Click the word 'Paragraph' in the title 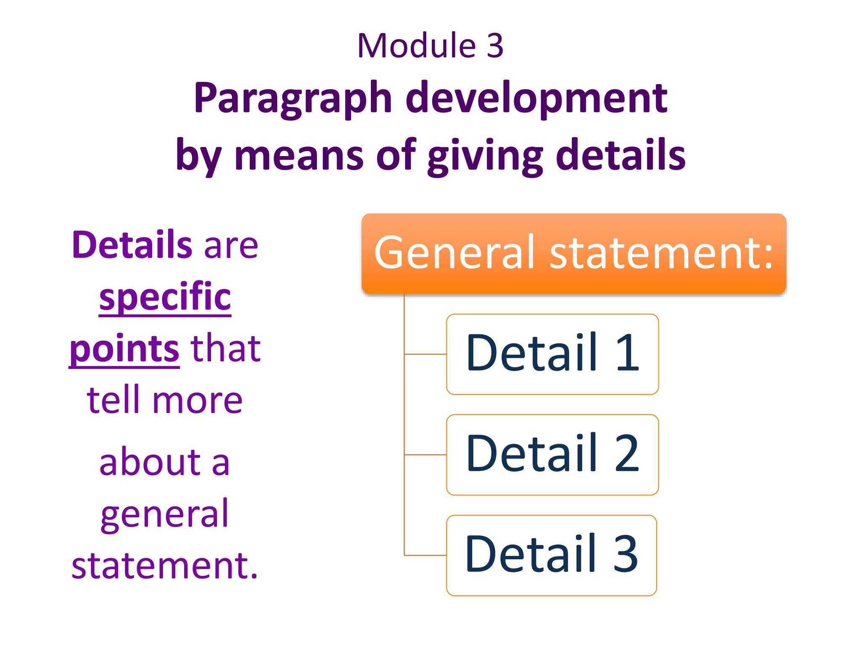pos(293,99)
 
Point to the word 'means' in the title pos(298,156)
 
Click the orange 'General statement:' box pos(573,253)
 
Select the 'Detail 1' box pos(552,354)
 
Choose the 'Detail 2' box pos(552,455)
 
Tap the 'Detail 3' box pos(551,555)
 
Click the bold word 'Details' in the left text pos(132,245)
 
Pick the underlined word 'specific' pos(165,297)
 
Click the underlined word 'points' pos(124,349)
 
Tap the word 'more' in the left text pos(197,400)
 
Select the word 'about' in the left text pos(150,462)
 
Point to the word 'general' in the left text pos(164,514)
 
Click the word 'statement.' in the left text pos(164,565)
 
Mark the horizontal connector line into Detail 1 pos(425,354)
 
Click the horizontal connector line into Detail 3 pos(425,555)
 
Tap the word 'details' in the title pos(621,156)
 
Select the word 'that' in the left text pos(226,349)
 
